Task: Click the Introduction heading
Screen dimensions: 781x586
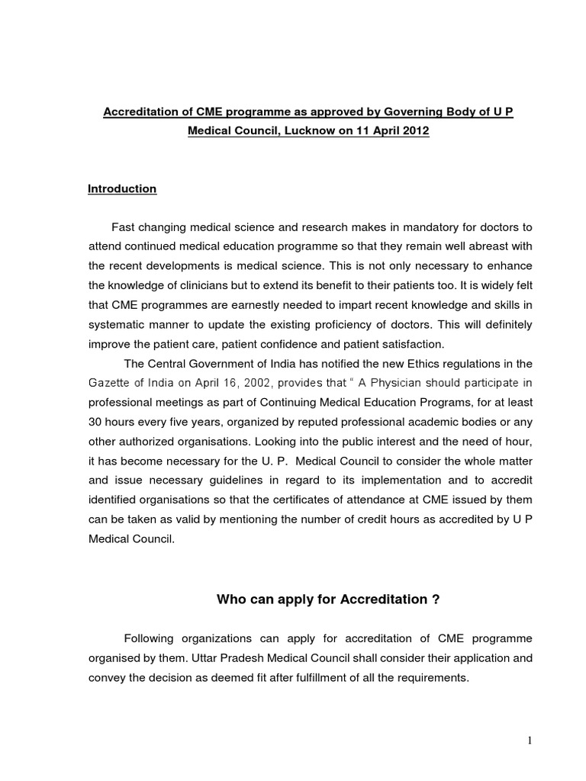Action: pos(122,189)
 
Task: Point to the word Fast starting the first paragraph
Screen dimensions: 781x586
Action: pos(124,227)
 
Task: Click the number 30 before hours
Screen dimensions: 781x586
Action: pos(96,421)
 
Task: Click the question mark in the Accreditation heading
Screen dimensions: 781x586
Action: pos(436,599)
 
